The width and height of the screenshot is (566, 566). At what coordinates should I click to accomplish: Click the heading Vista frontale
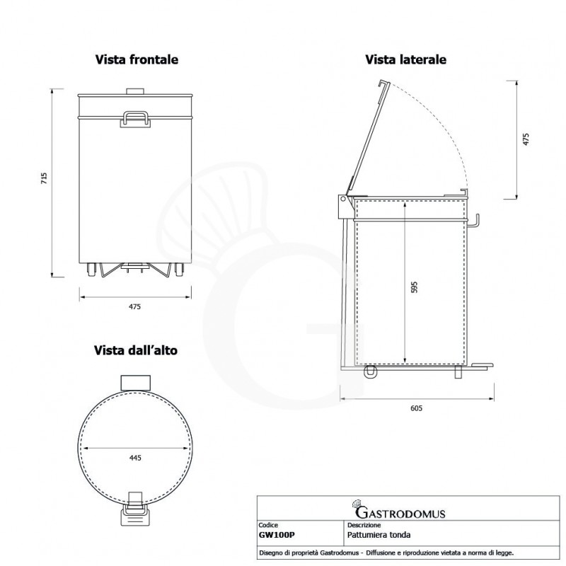tap(137, 60)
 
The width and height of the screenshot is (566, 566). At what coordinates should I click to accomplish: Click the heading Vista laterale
tap(405, 60)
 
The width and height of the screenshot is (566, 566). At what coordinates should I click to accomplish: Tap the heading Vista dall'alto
tap(139, 350)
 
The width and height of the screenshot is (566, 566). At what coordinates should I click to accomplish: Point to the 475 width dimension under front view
tap(135, 306)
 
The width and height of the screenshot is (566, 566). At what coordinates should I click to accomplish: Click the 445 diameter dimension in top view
tap(136, 458)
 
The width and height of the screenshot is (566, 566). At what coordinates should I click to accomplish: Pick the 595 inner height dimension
tap(415, 287)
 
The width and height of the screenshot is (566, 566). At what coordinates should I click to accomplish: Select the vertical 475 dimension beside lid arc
tap(526, 139)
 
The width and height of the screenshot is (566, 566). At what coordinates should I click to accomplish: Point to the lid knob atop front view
tap(134, 90)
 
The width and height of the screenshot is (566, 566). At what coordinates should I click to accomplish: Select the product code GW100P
tap(277, 536)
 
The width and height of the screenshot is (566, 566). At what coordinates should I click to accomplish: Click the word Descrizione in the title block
tap(365, 526)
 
